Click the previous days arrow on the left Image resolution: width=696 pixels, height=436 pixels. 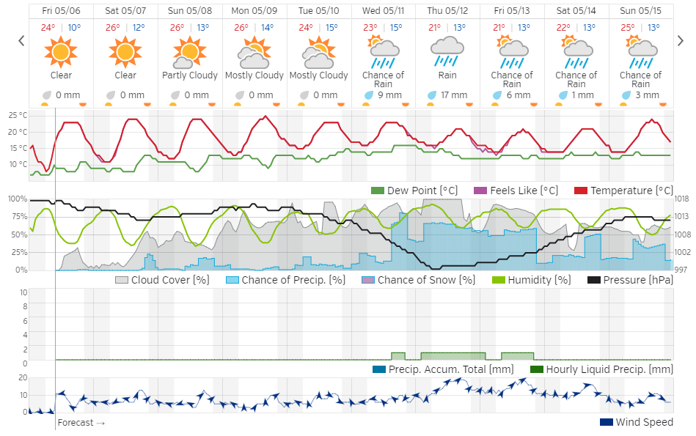tap(21, 40)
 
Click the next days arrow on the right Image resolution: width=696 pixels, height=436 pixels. tap(681, 40)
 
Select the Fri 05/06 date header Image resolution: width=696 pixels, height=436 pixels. tap(61, 11)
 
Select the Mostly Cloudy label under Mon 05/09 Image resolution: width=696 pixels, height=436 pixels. tap(254, 75)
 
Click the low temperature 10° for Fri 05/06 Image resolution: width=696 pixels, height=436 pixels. tap(75, 28)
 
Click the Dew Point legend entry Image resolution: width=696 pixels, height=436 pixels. tap(415, 191)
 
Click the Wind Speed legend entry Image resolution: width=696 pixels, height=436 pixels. tap(636, 422)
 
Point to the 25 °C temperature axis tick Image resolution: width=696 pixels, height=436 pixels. tap(18, 116)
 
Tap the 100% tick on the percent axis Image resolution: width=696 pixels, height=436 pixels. tap(16, 199)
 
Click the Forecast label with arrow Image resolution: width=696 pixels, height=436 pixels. tap(81, 423)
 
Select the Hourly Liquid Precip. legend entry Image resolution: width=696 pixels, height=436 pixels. tap(601, 369)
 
